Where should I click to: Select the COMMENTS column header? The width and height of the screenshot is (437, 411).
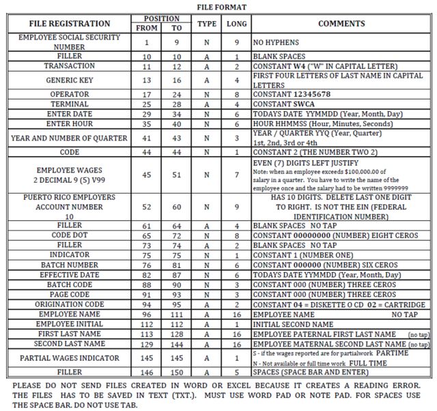point(341,23)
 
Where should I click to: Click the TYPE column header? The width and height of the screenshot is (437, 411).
point(207,23)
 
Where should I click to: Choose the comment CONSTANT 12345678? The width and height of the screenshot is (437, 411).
point(292,95)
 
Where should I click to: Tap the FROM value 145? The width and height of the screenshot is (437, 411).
point(147,357)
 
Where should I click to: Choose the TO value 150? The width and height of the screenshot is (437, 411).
point(176,373)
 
